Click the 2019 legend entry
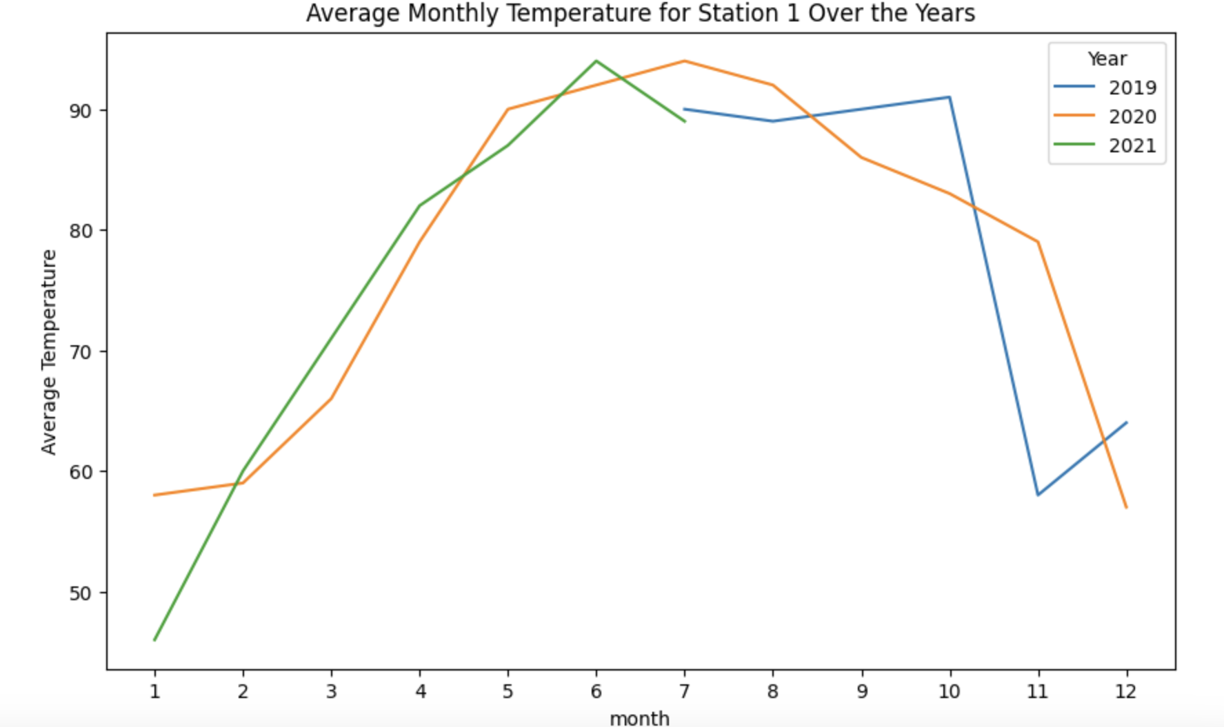[x=1132, y=88]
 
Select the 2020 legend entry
[x=1132, y=116]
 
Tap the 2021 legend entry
[x=1132, y=145]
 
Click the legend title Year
[x=1107, y=59]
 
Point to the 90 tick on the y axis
[x=82, y=110]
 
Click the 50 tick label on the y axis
[x=82, y=593]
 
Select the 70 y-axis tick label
[x=82, y=351]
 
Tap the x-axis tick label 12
[x=1125, y=691]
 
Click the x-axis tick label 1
[x=154, y=691]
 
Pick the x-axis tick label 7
[x=684, y=691]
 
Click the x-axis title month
[x=639, y=718]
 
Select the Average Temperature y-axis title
[x=48, y=351]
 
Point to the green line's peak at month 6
[x=596, y=61]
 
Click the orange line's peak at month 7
[x=684, y=61]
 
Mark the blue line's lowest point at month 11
[x=1038, y=495]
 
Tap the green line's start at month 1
[x=154, y=640]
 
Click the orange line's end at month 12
[x=1126, y=507]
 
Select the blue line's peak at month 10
[x=950, y=97]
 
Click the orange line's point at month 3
[x=331, y=398]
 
